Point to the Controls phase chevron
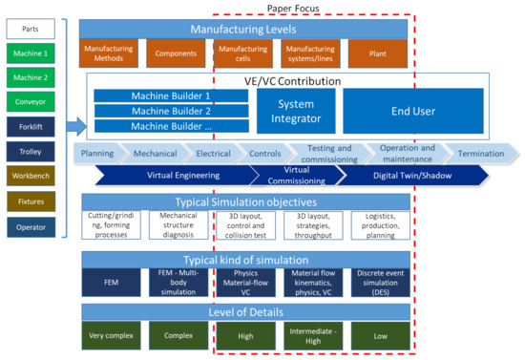click(x=264, y=153)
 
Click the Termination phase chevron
click(x=481, y=153)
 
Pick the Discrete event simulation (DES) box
click(x=379, y=281)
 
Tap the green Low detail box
click(x=379, y=334)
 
